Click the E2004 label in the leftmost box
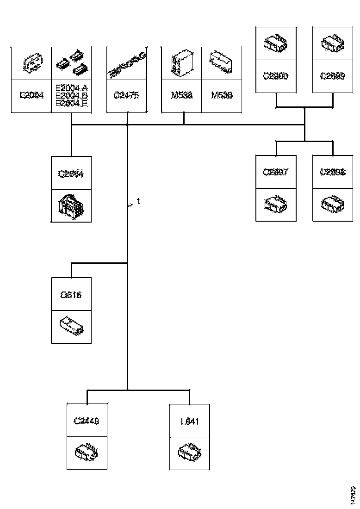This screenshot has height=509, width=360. [31, 96]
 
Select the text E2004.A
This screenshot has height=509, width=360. [71, 88]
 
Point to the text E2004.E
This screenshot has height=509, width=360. [71, 104]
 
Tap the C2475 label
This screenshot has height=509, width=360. [126, 96]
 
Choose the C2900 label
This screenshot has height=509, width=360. [276, 75]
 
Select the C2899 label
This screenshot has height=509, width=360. [332, 75]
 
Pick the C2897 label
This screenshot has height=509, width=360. [276, 173]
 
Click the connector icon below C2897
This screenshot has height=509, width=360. [276, 205]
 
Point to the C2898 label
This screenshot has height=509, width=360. [332, 173]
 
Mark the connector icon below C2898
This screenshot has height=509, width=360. [332, 205]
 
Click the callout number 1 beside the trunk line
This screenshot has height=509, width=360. [138, 202]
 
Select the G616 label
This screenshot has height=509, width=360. [71, 294]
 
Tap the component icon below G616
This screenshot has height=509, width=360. [71, 326]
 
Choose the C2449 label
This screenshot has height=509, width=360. [87, 421]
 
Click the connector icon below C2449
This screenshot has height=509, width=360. [87, 452]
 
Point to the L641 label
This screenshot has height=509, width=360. [190, 421]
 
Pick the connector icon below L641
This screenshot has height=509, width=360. [190, 452]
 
